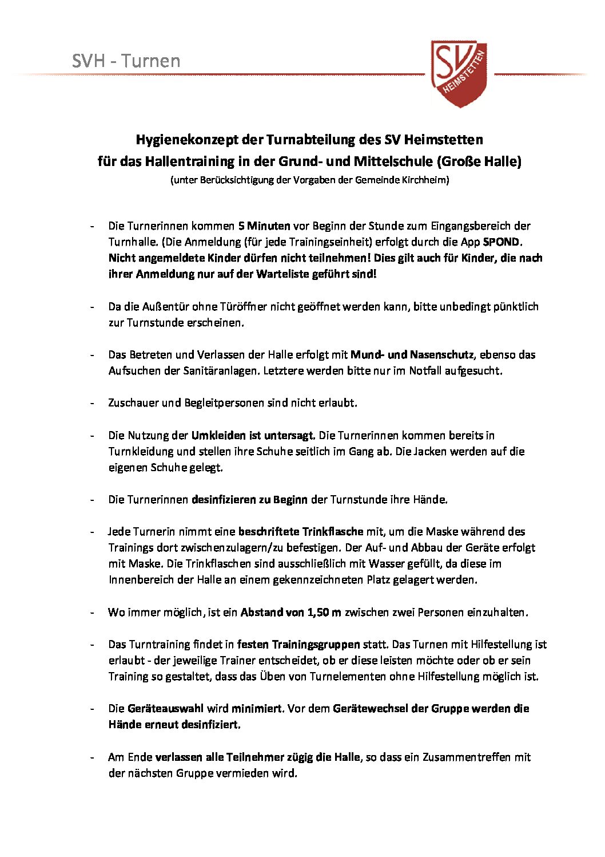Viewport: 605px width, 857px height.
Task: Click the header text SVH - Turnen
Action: (x=126, y=61)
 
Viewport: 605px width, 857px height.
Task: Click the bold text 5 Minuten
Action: (x=264, y=226)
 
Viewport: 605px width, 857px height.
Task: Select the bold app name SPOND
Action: (x=501, y=242)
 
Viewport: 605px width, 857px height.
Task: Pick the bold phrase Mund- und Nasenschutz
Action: (x=412, y=354)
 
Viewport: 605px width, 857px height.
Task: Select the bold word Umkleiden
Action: (x=218, y=435)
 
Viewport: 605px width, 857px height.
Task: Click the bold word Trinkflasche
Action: (x=333, y=531)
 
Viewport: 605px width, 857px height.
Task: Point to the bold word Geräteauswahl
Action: (x=166, y=708)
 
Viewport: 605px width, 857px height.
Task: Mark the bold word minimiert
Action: (x=257, y=708)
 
